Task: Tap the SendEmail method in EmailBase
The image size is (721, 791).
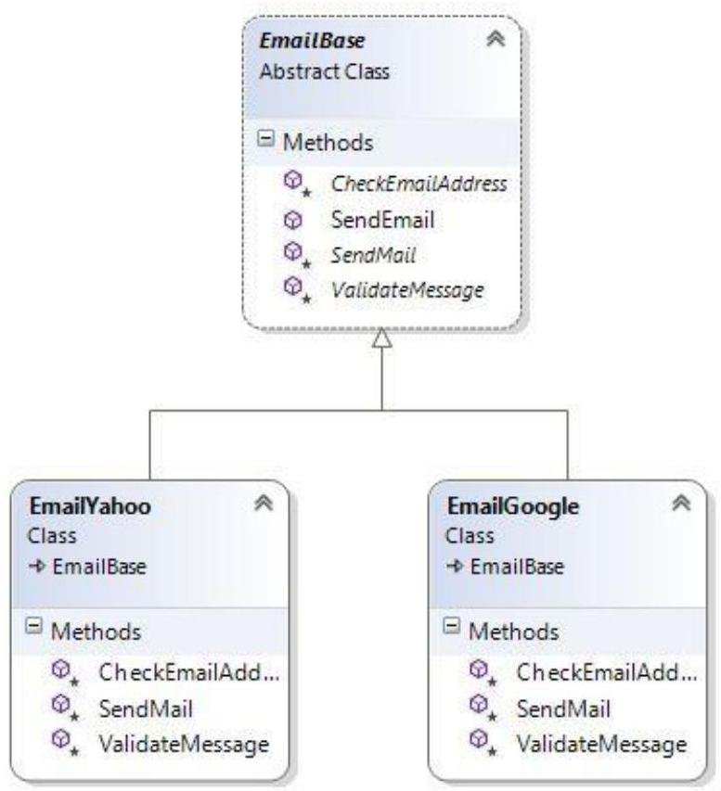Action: (382, 220)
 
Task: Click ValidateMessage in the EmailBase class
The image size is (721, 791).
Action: (407, 289)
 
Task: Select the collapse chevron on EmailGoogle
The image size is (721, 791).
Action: (681, 505)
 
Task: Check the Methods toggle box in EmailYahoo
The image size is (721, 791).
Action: (31, 631)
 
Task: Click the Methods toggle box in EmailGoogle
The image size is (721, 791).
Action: (454, 631)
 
